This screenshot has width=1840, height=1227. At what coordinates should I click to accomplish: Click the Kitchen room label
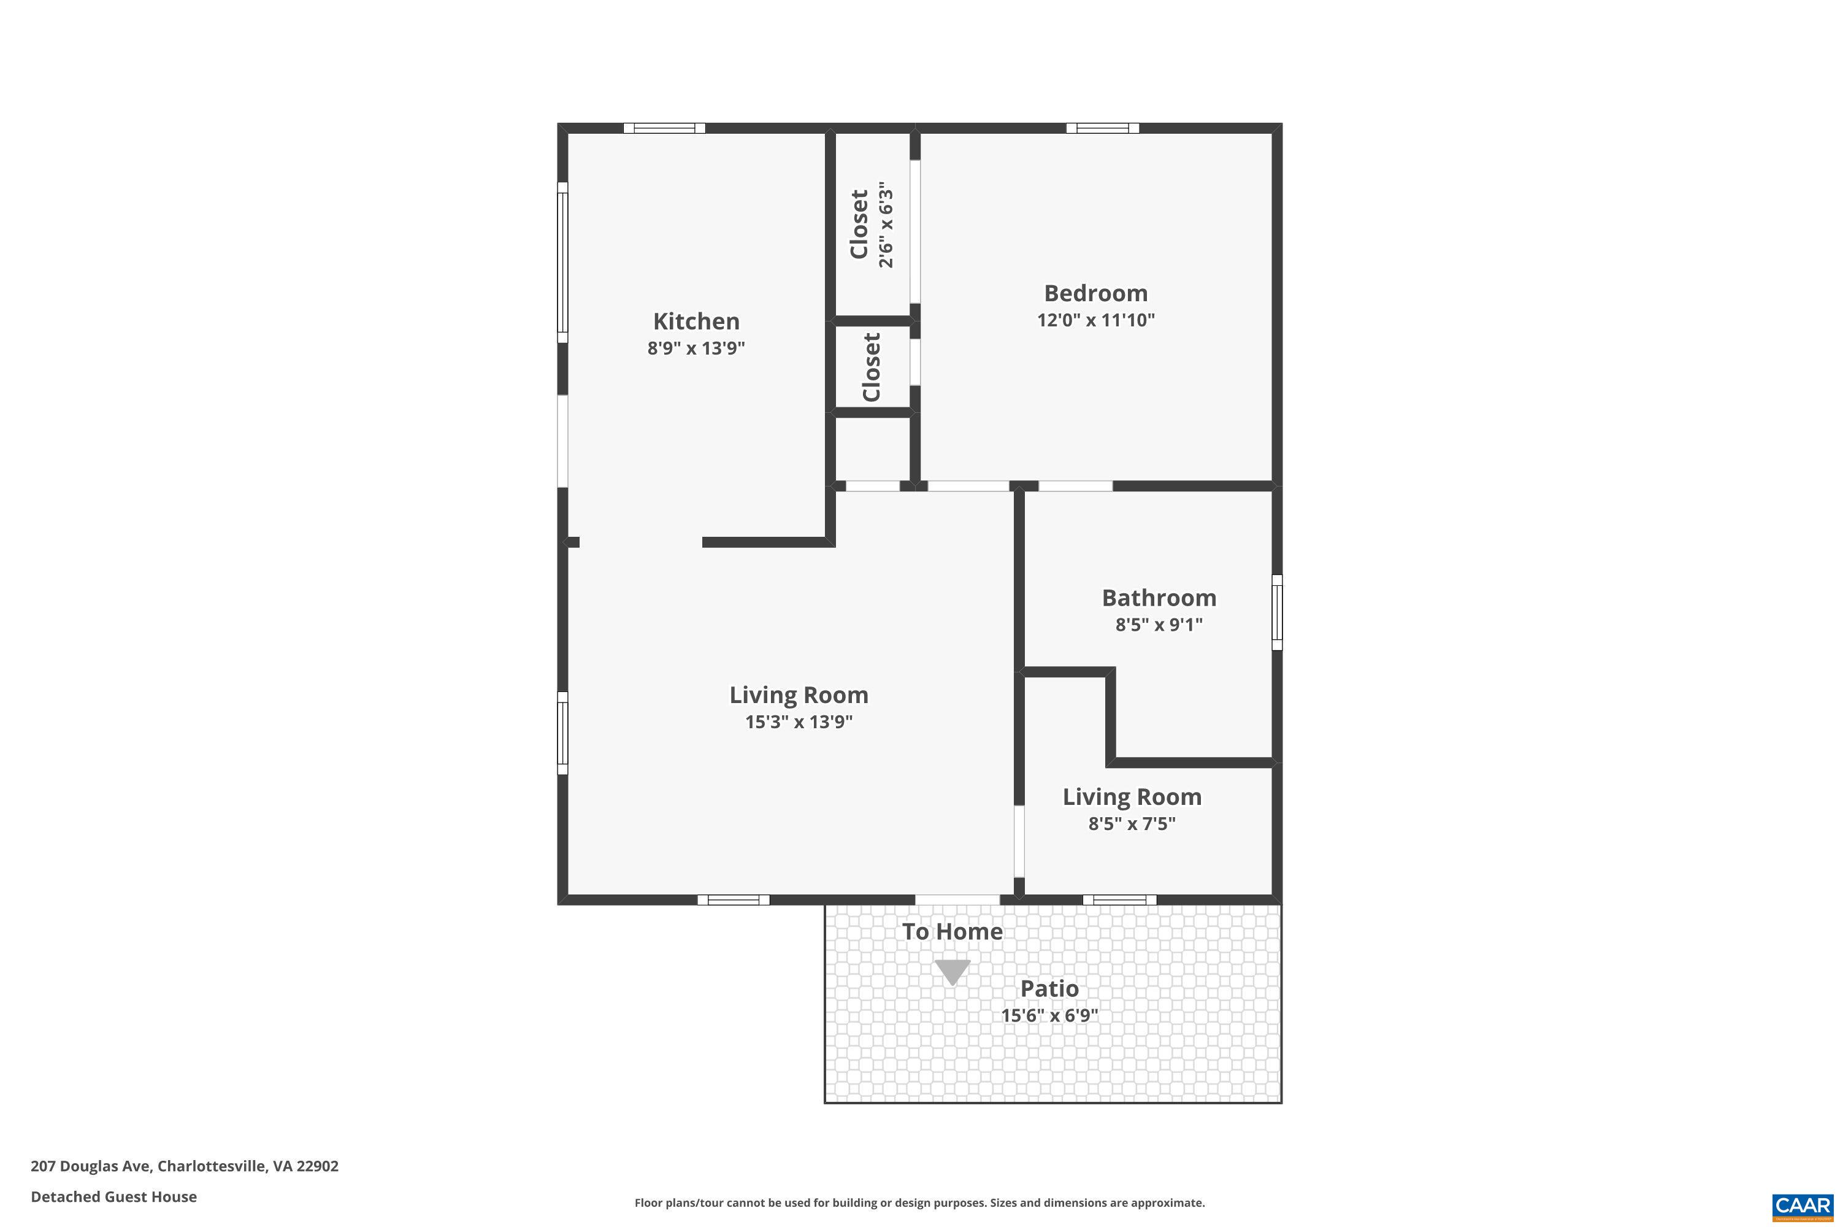696,321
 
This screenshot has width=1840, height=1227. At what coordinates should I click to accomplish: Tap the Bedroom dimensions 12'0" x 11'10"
1095,320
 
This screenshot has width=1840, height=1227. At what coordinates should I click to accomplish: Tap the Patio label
1049,989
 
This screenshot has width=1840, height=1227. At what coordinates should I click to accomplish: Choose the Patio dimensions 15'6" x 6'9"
1049,1016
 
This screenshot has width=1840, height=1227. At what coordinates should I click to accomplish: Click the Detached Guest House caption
113,1196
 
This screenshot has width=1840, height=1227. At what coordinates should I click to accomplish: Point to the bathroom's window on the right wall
1277,613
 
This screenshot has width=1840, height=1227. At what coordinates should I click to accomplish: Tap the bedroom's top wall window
1102,128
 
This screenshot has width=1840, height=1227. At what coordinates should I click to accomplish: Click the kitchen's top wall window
664,128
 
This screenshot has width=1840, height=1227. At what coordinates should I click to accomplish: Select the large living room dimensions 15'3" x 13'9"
798,721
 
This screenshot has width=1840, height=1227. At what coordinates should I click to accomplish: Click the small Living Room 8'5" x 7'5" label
1131,798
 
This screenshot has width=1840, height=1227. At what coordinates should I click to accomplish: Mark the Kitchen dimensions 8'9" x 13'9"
696,348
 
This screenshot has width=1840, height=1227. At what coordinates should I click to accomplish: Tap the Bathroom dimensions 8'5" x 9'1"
1159,625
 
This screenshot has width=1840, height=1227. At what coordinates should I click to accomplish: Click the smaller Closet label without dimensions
872,367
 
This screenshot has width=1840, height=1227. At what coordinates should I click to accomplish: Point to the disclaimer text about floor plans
919,1202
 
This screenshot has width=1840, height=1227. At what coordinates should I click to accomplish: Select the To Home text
952,932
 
